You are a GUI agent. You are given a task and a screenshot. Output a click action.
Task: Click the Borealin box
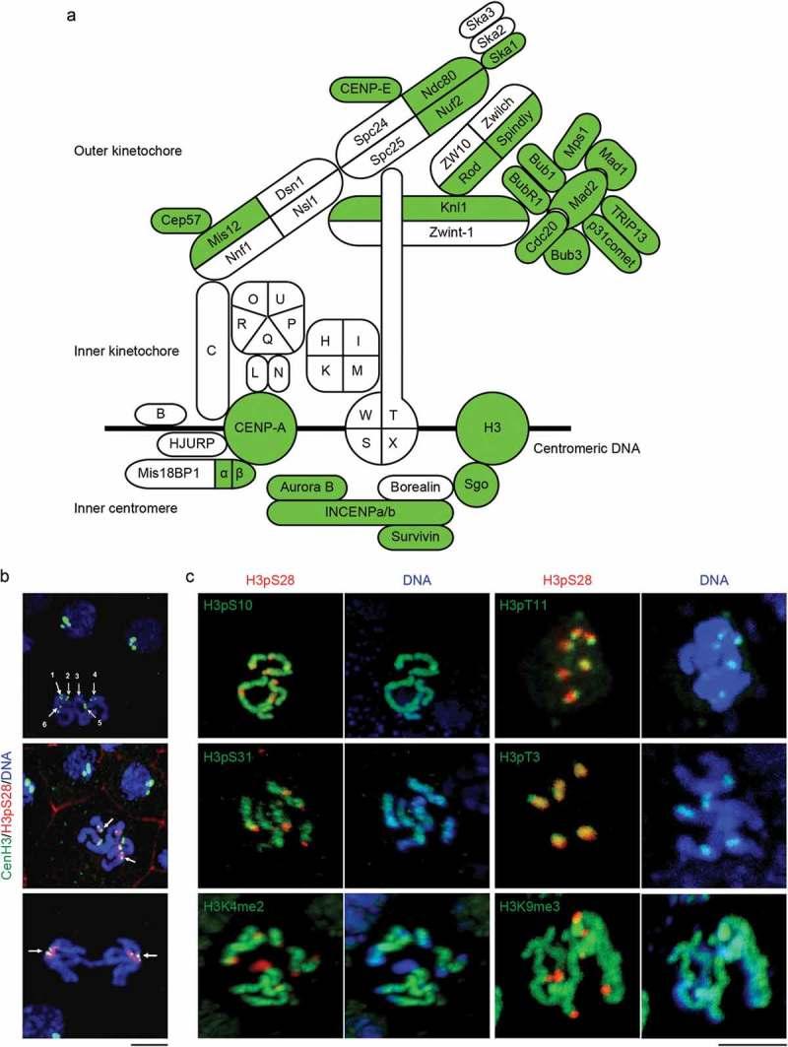pyautogui.click(x=414, y=488)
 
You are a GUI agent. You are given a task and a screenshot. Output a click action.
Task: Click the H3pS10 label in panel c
pyautogui.click(x=229, y=604)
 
